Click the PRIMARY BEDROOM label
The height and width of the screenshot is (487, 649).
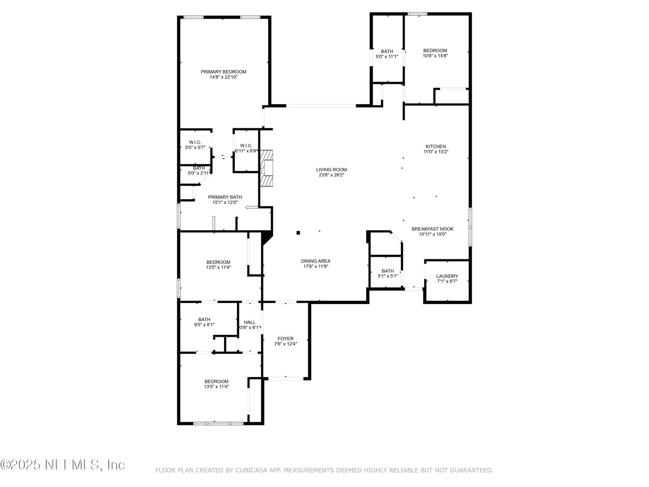[x=223, y=72]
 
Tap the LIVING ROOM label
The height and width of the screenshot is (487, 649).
[x=331, y=170]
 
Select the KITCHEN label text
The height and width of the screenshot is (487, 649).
[x=436, y=147]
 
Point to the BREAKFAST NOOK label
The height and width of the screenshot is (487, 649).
[x=432, y=229]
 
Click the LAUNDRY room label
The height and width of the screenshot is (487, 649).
[x=447, y=276]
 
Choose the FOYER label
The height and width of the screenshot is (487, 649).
[x=285, y=338]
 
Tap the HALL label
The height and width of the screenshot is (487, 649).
[x=249, y=322]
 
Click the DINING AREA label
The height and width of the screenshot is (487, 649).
[x=316, y=261]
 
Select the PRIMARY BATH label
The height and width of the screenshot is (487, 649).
[x=225, y=197]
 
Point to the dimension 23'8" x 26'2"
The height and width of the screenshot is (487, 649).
[x=331, y=175]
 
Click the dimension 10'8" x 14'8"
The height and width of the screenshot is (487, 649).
[x=435, y=56]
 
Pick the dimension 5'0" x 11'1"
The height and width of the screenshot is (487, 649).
[x=387, y=56]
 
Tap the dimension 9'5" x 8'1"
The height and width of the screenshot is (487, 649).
[x=204, y=325]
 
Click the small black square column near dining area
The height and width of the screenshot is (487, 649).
[x=298, y=233]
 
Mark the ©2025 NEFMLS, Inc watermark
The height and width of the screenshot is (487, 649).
[x=62, y=465]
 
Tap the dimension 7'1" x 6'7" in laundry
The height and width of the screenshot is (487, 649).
[x=447, y=281]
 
